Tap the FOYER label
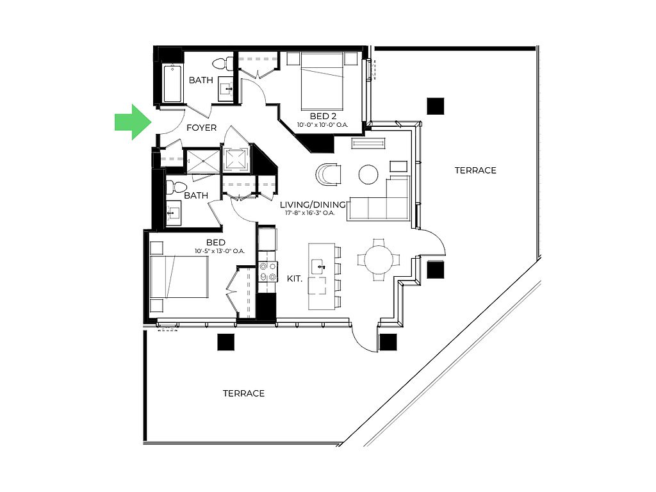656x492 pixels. (x=201, y=127)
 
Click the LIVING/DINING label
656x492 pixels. (x=313, y=204)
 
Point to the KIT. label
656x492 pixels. (x=294, y=279)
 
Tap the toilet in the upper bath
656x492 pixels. (x=220, y=63)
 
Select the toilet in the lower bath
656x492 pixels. (x=172, y=188)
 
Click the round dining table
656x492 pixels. (x=378, y=260)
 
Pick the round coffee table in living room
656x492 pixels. (x=368, y=174)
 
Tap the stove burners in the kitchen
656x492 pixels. (x=267, y=272)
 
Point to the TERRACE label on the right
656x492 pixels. (x=475, y=170)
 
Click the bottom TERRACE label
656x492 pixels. (x=243, y=393)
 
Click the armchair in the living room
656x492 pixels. (x=329, y=174)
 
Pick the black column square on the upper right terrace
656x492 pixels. (x=436, y=106)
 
